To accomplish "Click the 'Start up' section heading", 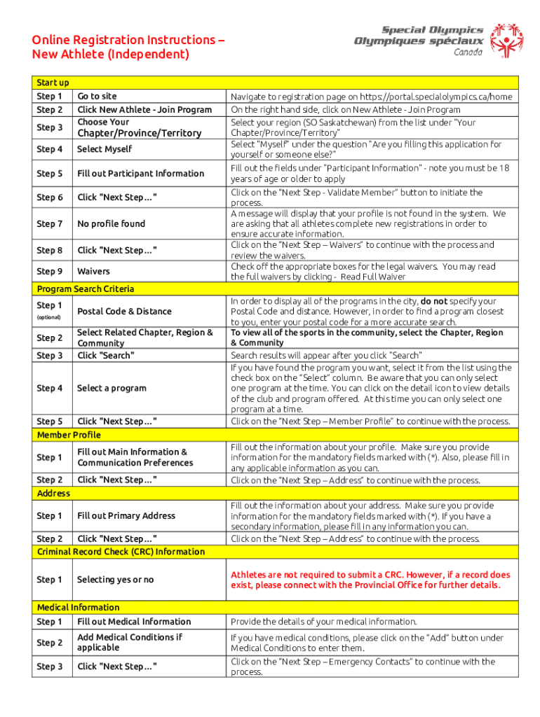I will (53, 83).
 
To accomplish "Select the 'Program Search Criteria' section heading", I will (86, 288).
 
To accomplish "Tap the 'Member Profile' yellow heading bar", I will (69, 435).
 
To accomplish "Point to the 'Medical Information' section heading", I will (78, 607).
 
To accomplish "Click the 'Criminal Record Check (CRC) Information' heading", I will (121, 552).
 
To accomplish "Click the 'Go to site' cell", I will (97, 96).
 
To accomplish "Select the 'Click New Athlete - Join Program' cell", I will (144, 109).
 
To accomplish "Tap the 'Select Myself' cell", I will (104, 149).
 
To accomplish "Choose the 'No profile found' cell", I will (112, 224).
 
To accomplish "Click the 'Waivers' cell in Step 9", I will (93, 271).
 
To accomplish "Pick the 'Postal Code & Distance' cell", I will (124, 311).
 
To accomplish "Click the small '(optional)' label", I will (49, 317).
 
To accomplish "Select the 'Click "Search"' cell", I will (106, 356).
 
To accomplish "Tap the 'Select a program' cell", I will (112, 388).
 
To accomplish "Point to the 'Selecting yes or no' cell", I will (116, 580).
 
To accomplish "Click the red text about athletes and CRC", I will (370, 580).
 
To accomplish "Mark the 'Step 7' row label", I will (50, 224).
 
